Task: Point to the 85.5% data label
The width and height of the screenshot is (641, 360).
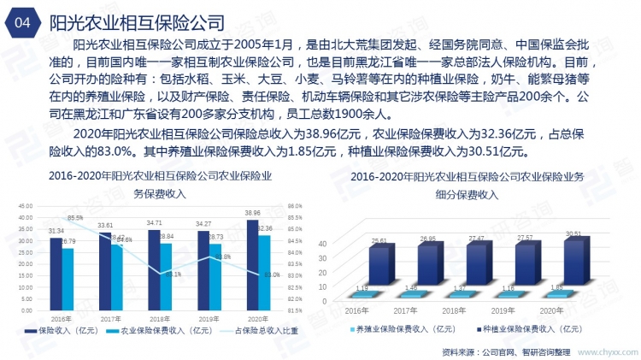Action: coord(76,218)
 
